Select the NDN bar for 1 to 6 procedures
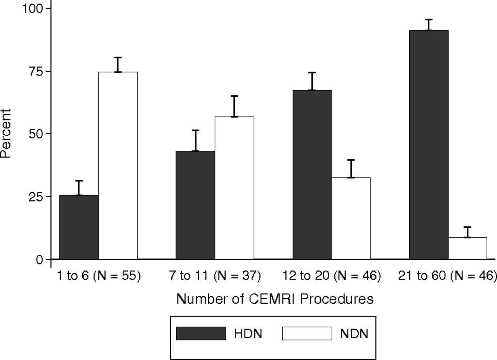118,165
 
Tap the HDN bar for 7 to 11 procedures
195,205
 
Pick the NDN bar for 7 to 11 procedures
235,188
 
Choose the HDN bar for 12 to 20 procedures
312,175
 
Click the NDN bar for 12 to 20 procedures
351,218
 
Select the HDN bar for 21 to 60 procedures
429,144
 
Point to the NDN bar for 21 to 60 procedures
467,249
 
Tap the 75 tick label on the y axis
36,71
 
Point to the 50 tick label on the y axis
36,134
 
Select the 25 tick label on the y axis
36,197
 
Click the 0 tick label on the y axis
40,259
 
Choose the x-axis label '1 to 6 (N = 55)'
99,276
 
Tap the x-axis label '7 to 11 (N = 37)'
215,276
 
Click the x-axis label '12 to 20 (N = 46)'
332,276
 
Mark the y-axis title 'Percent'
6,133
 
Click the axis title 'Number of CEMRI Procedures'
275,299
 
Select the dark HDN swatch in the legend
201,333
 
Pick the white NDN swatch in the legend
307,333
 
